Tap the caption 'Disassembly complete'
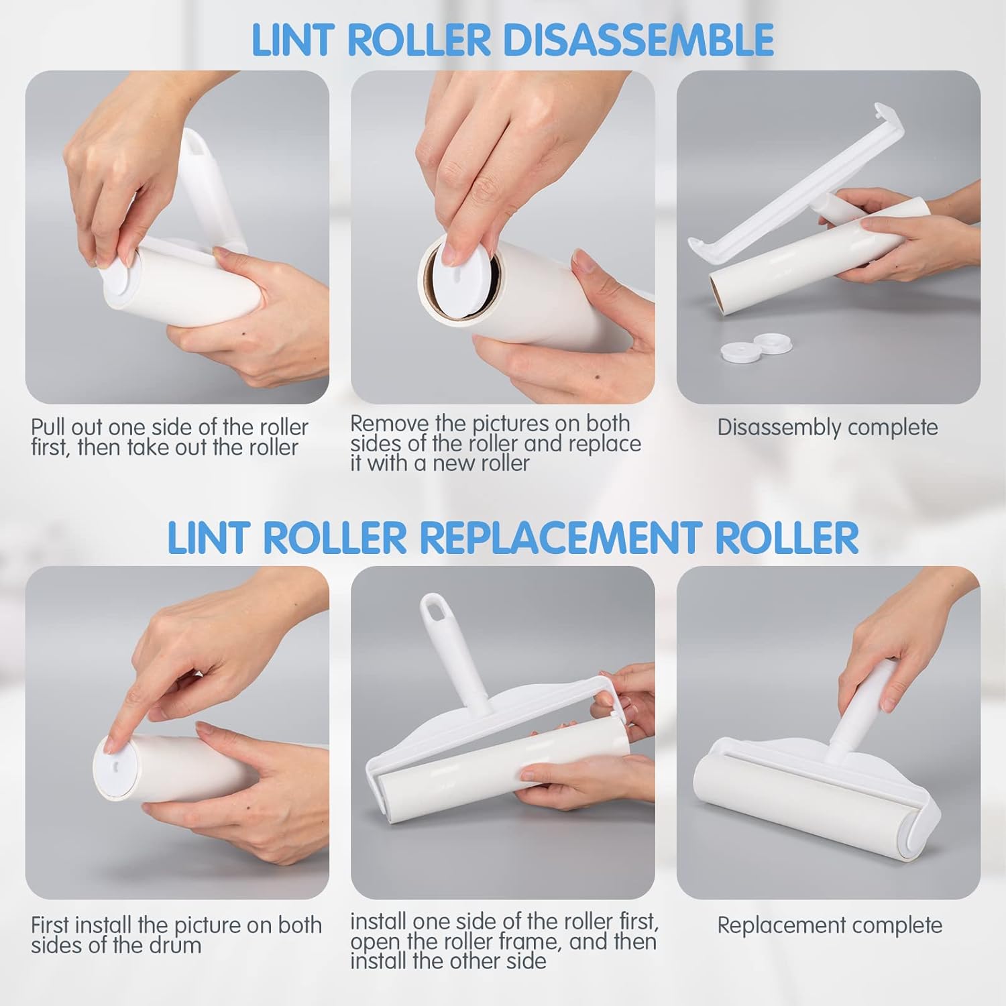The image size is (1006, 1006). coord(828,427)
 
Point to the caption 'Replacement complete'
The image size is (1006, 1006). coord(830,926)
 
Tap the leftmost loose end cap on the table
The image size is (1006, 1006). coord(736,349)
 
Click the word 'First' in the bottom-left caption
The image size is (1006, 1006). coord(50,926)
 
